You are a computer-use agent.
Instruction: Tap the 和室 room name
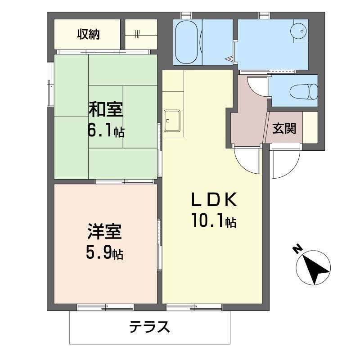(105, 109)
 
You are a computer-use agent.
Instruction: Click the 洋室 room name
(105, 233)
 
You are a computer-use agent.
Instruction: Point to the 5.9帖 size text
(105, 253)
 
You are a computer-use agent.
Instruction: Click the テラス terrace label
(150, 326)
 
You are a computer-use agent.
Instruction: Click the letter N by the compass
(297, 249)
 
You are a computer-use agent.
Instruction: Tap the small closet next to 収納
(141, 34)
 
